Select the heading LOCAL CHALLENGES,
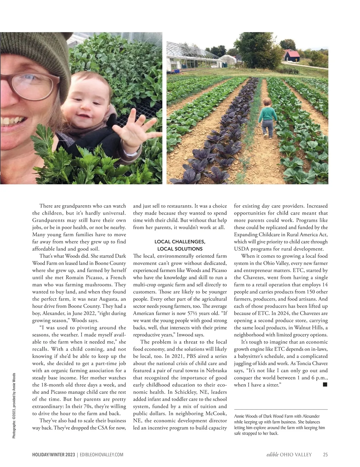pyautogui.click(x=180, y=242)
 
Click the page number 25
pyautogui.click(x=325, y=455)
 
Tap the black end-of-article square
pyautogui.click(x=325, y=384)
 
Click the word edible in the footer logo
pyautogui.click(x=272, y=455)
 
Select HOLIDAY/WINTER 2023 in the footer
pyautogui.click(x=54, y=455)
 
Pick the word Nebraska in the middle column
pyautogui.click(x=216, y=370)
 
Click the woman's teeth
pyautogui.click(x=10, y=122)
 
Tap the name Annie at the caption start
pyautogui.click(x=239, y=416)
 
